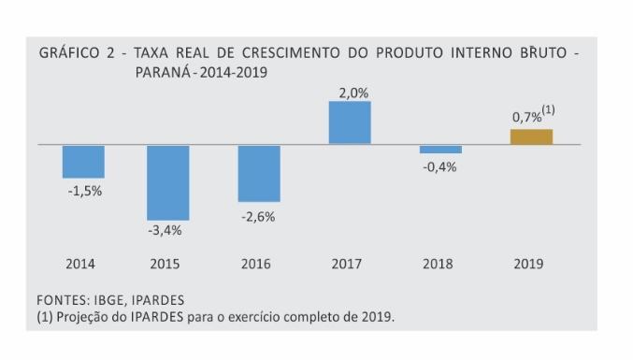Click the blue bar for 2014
coord(83,161)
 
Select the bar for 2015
coord(168,182)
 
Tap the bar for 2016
coord(259,173)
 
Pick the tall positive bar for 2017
coord(350,122)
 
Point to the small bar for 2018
coord(440,149)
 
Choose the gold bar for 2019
coord(531,137)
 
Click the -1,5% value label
coord(84,191)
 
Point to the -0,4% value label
coord(439,167)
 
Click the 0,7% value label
coord(527,117)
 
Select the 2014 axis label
coord(80,264)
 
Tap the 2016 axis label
coord(256,264)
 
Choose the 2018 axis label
coord(438,264)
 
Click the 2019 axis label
coord(528,264)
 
